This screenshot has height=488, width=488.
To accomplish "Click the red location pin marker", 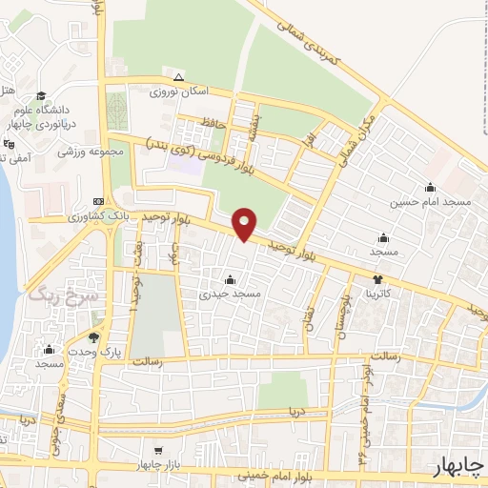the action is click(246, 223).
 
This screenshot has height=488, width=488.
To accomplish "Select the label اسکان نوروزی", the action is click(177, 93).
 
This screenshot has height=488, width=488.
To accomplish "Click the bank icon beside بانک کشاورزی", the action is click(99, 203).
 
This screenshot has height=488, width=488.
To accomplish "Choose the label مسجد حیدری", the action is click(230, 295).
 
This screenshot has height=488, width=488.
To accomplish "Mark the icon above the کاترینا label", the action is click(379, 280).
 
